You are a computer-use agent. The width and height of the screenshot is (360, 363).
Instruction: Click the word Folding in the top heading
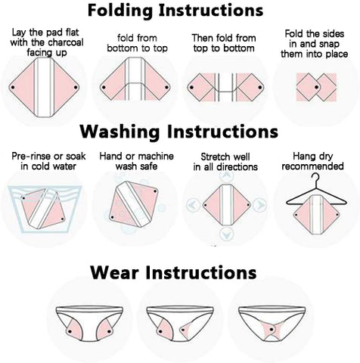pos(120,11)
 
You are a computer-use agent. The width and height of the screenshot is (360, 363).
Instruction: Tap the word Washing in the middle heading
pos(119,132)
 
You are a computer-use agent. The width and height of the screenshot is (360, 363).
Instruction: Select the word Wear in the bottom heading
pos(114,273)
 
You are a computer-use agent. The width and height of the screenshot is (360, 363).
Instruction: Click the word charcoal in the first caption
pos(66,42)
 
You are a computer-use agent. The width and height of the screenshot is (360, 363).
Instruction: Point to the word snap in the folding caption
pos(328,44)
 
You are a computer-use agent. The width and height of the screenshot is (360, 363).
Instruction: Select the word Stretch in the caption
pos(214,157)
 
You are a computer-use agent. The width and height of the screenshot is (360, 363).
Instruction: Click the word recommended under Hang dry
pos(312,166)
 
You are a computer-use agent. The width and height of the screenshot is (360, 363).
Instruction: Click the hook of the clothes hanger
pos(315,178)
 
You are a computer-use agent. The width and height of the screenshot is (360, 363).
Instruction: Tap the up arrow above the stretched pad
pos(226,175)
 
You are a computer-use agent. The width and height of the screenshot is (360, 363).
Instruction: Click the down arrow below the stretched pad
pos(226,234)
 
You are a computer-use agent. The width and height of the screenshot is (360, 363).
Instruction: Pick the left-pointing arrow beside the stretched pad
pos(194,205)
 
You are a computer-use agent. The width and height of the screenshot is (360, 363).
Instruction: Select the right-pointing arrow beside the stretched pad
pos(259,205)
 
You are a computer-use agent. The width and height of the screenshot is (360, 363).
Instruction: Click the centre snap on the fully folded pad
pos(316,88)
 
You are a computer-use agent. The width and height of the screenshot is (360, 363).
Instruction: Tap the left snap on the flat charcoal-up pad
pos(13,88)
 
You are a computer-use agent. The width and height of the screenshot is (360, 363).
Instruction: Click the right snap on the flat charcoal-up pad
pos(76,88)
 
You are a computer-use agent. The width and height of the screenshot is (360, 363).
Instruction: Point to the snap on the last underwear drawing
pos(272,329)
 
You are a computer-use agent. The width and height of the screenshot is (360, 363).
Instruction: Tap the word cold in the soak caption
pos(41,166)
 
